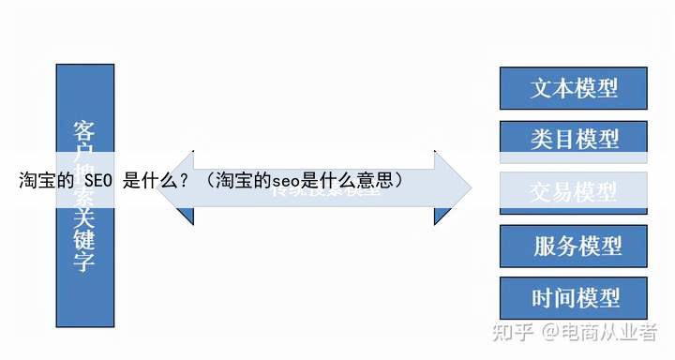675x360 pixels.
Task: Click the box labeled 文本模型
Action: click(574, 88)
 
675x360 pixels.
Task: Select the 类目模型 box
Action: click(574, 140)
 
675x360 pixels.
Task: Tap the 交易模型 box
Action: click(574, 192)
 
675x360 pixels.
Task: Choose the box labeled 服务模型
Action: click(574, 246)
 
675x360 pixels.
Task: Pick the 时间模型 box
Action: click(574, 298)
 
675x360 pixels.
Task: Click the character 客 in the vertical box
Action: click(84, 131)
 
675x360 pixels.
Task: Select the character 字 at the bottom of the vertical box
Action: click(84, 262)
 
